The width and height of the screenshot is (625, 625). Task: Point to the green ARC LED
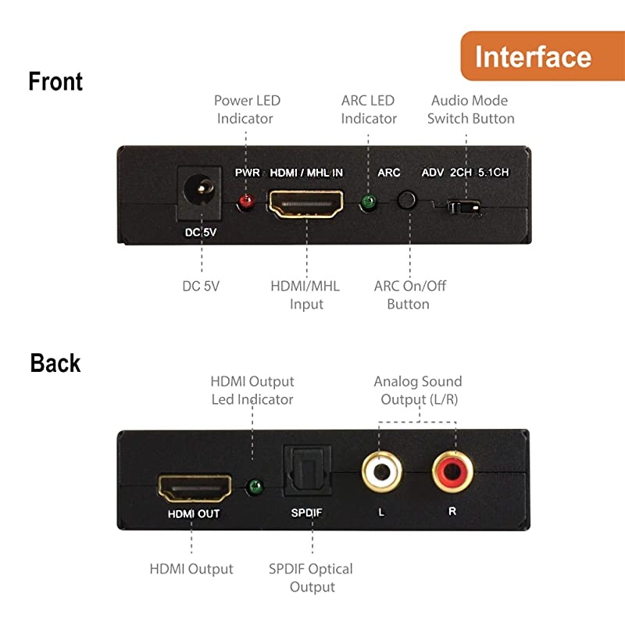[x=368, y=202]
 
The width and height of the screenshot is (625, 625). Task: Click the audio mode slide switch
[x=465, y=209]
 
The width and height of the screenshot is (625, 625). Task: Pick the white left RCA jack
[x=381, y=472]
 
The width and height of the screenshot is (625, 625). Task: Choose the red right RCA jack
[x=453, y=472]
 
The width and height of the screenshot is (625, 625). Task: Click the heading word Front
[x=55, y=82]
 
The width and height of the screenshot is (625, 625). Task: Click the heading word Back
[x=55, y=363]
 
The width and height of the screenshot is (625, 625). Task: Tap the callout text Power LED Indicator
[x=246, y=109]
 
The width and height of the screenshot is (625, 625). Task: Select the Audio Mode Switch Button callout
[x=472, y=109]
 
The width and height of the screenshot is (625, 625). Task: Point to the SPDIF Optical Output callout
[x=311, y=578]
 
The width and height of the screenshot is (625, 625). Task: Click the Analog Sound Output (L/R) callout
[x=418, y=391]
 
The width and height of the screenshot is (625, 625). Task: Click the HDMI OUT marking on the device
[x=194, y=514]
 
